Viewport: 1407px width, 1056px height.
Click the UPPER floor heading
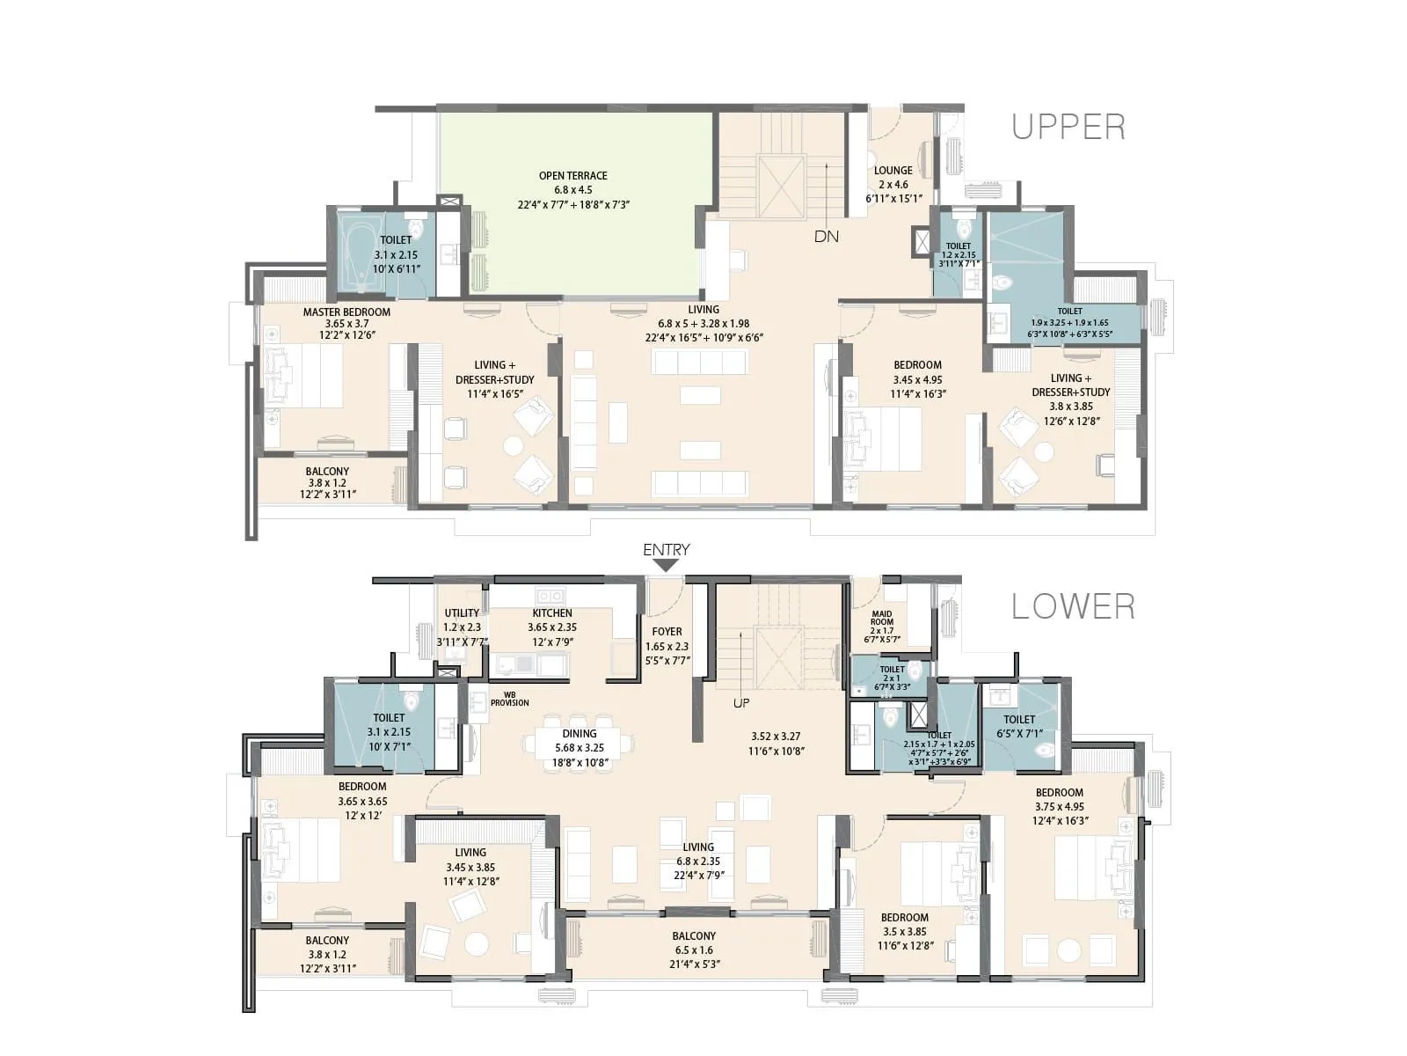[1068, 127]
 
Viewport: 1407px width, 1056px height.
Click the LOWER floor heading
[1073, 606]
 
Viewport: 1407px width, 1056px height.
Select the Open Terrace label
[572, 176]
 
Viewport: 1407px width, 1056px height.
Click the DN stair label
[826, 236]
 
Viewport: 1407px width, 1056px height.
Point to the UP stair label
[741, 703]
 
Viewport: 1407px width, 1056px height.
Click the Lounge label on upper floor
[893, 171]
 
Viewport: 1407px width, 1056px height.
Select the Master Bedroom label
[346, 312]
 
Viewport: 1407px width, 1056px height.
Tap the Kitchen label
[551, 613]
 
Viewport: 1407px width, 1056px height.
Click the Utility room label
[462, 613]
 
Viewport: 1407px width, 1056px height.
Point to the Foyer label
[667, 632]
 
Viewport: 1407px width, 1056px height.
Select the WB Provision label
[509, 699]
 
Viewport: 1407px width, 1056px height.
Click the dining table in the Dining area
[579, 744]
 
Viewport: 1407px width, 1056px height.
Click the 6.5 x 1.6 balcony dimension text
[694, 950]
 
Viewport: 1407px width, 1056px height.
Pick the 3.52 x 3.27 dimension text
[776, 737]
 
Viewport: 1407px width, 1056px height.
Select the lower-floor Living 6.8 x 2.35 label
[698, 847]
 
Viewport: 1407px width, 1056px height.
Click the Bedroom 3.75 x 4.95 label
[1059, 792]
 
